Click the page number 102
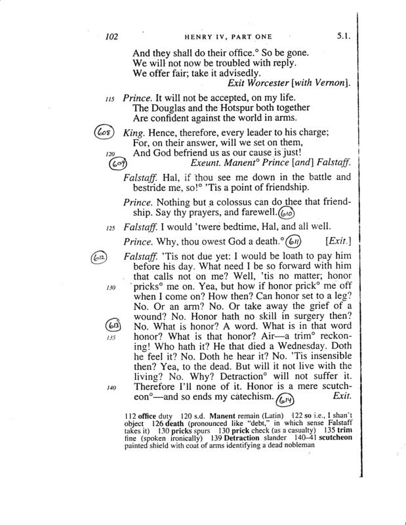tap(115, 37)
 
